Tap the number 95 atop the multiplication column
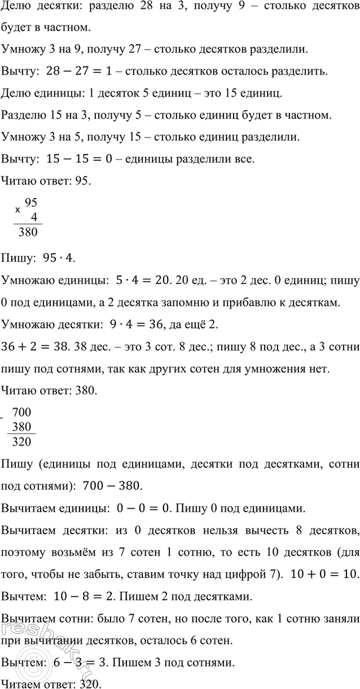click(x=30, y=202)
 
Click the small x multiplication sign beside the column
click(x=17, y=209)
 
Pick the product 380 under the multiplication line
click(x=28, y=232)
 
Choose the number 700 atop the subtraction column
click(x=22, y=413)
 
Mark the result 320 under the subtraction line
click(x=22, y=441)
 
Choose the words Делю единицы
click(x=37, y=94)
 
